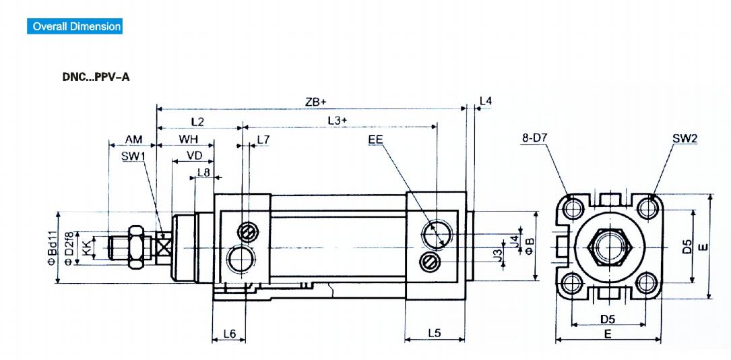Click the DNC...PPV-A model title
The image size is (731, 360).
tap(96, 77)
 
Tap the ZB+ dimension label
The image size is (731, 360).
tap(315, 102)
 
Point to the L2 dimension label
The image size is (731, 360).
tap(197, 122)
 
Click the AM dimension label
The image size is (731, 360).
tap(133, 140)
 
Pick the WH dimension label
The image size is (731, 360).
tap(189, 140)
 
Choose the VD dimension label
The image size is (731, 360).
tap(195, 155)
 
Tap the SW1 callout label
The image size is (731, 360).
tap(133, 156)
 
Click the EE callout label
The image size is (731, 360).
tap(375, 139)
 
